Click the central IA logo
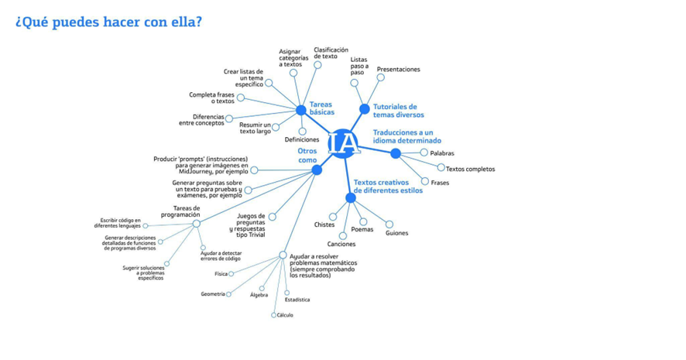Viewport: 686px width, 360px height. pos(342,143)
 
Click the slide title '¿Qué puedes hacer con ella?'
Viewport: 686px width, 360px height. pos(108,22)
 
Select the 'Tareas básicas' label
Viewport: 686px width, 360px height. pos(322,108)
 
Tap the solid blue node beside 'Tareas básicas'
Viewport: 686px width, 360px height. pos(301,110)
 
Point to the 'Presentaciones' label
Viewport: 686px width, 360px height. pos(399,70)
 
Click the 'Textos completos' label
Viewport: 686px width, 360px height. pos(470,169)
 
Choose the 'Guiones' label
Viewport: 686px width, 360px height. pos(396,233)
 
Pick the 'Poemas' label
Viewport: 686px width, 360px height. pos(362,229)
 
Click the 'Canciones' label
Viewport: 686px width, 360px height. pos(341,244)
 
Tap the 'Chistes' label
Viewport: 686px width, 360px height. pos(324,225)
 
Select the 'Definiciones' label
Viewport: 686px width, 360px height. pos(302,140)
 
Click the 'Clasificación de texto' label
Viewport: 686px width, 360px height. pos(331,53)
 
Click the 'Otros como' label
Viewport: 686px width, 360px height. pos(307,156)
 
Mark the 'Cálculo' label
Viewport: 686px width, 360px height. pos(285,315)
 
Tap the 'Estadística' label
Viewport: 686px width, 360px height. pos(297,300)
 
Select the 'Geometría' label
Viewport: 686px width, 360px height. pos(213,294)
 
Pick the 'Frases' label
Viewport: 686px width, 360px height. pos(440,183)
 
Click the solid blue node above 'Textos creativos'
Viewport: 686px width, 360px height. pos(351,197)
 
